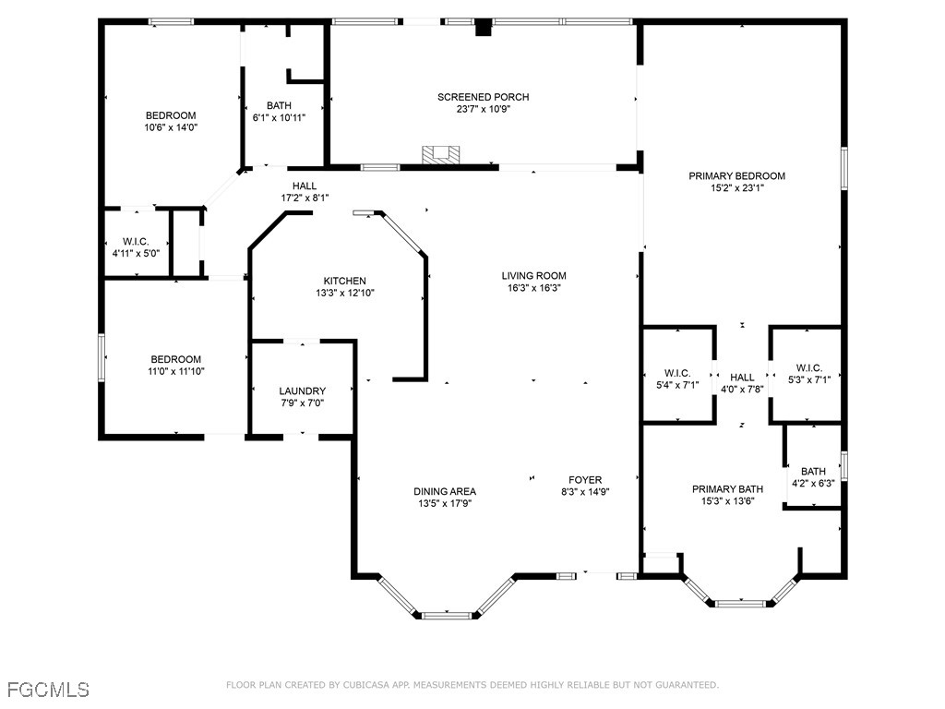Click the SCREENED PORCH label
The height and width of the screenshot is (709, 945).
click(483, 97)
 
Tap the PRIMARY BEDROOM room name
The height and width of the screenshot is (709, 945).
click(736, 176)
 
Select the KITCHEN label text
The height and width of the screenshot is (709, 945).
click(345, 281)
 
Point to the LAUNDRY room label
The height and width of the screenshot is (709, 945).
click(302, 391)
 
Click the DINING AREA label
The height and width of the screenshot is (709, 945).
click(445, 491)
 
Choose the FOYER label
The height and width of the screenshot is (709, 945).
click(585, 480)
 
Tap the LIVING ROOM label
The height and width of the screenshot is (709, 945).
click(534, 276)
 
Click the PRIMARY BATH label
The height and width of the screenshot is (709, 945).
click(727, 489)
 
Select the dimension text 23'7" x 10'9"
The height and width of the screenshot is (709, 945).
click(484, 109)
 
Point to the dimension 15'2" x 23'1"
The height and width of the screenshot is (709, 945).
click(737, 188)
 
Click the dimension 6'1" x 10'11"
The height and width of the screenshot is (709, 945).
click(279, 117)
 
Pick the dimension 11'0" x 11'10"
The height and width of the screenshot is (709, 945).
click(176, 371)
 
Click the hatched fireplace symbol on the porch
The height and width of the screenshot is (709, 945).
click(440, 154)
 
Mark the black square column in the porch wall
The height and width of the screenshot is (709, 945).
click(484, 28)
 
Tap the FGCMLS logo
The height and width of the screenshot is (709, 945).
click(48, 689)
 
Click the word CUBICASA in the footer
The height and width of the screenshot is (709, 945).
click(367, 685)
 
